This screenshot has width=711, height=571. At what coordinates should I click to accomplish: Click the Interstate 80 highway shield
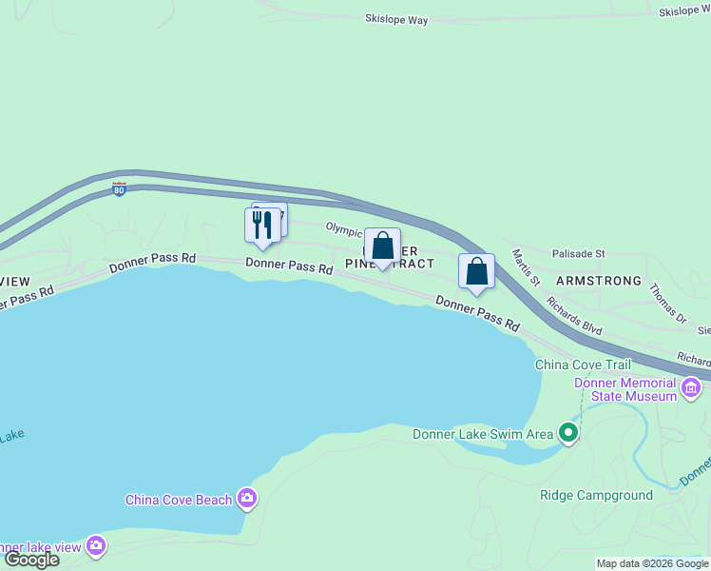119,189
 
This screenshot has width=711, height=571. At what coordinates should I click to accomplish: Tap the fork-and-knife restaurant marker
262,226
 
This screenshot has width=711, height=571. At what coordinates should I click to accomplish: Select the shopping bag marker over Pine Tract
382,246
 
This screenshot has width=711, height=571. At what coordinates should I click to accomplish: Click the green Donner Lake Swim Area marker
568,434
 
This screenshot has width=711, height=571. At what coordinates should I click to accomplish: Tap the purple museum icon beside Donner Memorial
691,388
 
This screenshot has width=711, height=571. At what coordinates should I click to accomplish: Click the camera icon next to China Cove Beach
247,498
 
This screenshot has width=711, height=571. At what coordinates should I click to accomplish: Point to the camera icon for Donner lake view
95,545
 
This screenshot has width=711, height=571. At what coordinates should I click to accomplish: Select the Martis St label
526,267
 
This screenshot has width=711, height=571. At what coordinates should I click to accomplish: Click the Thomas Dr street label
667,300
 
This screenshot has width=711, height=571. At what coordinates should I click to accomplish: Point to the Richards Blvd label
574,315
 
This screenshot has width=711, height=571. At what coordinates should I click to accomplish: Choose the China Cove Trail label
583,364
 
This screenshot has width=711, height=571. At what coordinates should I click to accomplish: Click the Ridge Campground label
596,495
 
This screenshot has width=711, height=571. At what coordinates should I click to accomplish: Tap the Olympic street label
344,229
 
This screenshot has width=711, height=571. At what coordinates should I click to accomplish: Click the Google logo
32,559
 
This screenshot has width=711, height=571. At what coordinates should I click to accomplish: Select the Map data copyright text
653,563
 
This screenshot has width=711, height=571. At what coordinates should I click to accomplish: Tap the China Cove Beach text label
179,500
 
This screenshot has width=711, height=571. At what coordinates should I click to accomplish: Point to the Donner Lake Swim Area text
483,435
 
